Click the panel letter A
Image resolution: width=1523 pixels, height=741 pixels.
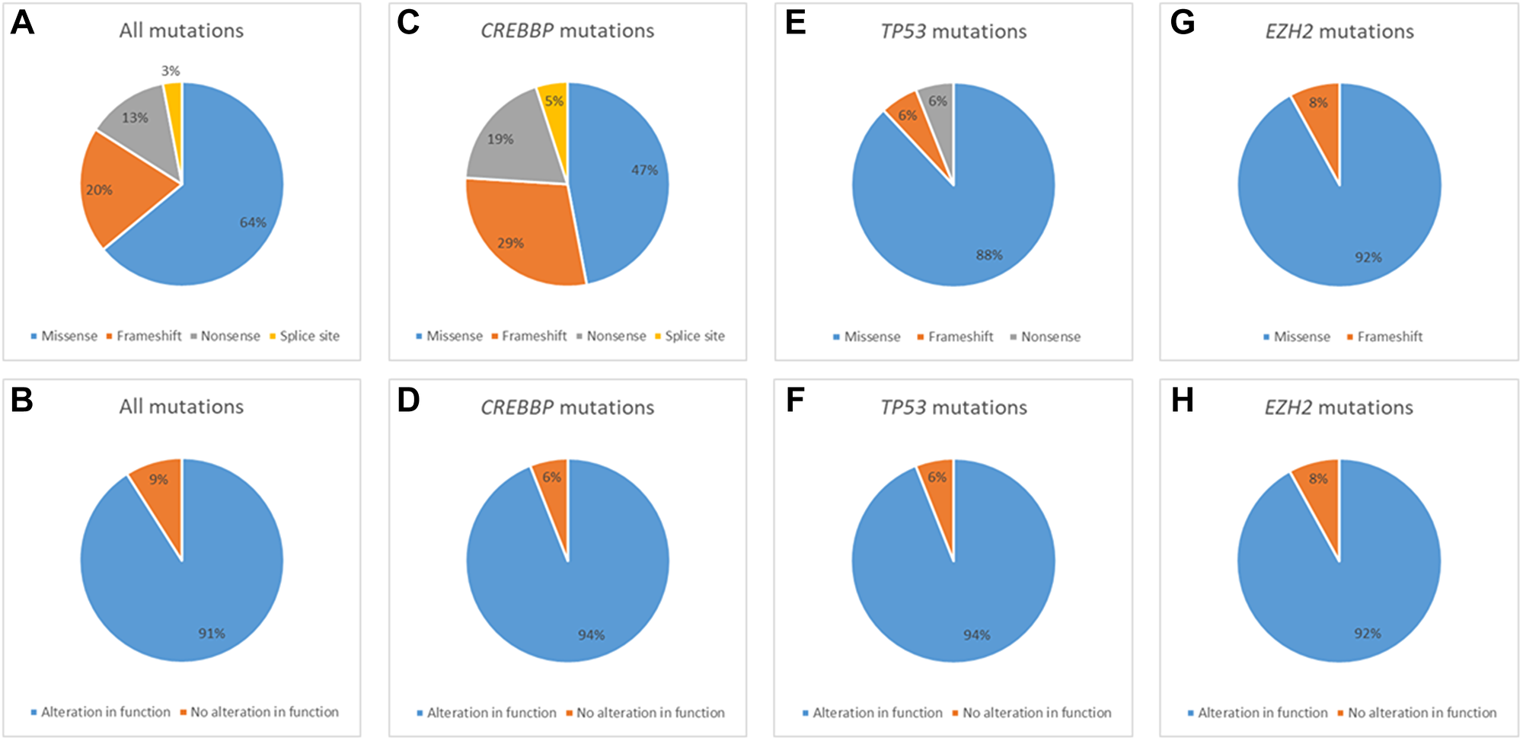[22, 23]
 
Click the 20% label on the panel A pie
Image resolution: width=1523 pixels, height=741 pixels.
[99, 190]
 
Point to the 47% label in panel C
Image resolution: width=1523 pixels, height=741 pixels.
[644, 170]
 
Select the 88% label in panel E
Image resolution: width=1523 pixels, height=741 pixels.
[989, 255]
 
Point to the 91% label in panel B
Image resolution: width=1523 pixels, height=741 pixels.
[212, 634]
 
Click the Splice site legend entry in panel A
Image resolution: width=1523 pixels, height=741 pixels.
[309, 336]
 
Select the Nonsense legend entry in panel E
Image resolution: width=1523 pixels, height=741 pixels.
[1050, 337]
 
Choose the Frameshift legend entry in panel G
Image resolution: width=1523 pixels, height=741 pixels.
[1389, 337]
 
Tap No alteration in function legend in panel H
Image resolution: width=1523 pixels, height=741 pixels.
[1422, 713]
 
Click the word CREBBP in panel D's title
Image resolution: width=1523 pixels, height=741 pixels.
[517, 407]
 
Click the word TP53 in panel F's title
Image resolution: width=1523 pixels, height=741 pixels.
[903, 407]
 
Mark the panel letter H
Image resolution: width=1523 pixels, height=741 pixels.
[1182, 401]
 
